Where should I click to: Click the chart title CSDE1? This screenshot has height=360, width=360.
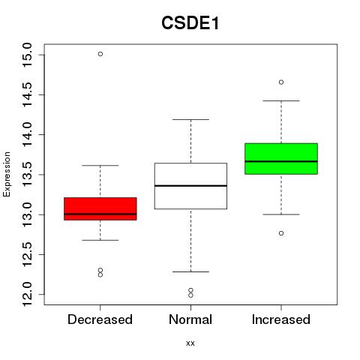click(190, 23)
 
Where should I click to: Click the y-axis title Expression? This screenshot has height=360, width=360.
click(7, 174)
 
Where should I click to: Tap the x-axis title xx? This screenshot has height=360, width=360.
click(190, 343)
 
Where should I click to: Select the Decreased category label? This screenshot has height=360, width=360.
click(100, 319)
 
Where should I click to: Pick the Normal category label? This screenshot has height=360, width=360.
click(190, 319)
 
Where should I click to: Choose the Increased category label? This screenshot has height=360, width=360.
click(281, 319)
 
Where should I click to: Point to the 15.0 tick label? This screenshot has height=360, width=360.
click(27, 55)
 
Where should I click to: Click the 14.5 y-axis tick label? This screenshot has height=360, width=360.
click(27, 94)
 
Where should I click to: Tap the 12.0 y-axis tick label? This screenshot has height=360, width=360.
click(27, 294)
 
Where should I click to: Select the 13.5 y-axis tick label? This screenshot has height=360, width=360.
click(27, 175)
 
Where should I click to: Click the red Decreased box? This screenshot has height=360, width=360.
click(100, 208)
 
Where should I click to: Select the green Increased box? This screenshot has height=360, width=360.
click(281, 159)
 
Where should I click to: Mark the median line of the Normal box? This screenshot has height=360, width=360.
click(190, 186)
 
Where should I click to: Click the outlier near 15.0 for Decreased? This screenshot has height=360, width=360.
click(100, 54)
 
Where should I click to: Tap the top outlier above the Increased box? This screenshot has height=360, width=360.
click(281, 82)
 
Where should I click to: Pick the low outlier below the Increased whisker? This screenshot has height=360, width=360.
click(281, 233)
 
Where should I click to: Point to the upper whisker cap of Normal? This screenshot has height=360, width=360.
click(190, 119)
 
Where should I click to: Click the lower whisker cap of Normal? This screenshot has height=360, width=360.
click(190, 271)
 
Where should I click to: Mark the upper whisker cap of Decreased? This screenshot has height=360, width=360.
click(100, 166)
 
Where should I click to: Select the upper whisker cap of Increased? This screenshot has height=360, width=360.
click(281, 100)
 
